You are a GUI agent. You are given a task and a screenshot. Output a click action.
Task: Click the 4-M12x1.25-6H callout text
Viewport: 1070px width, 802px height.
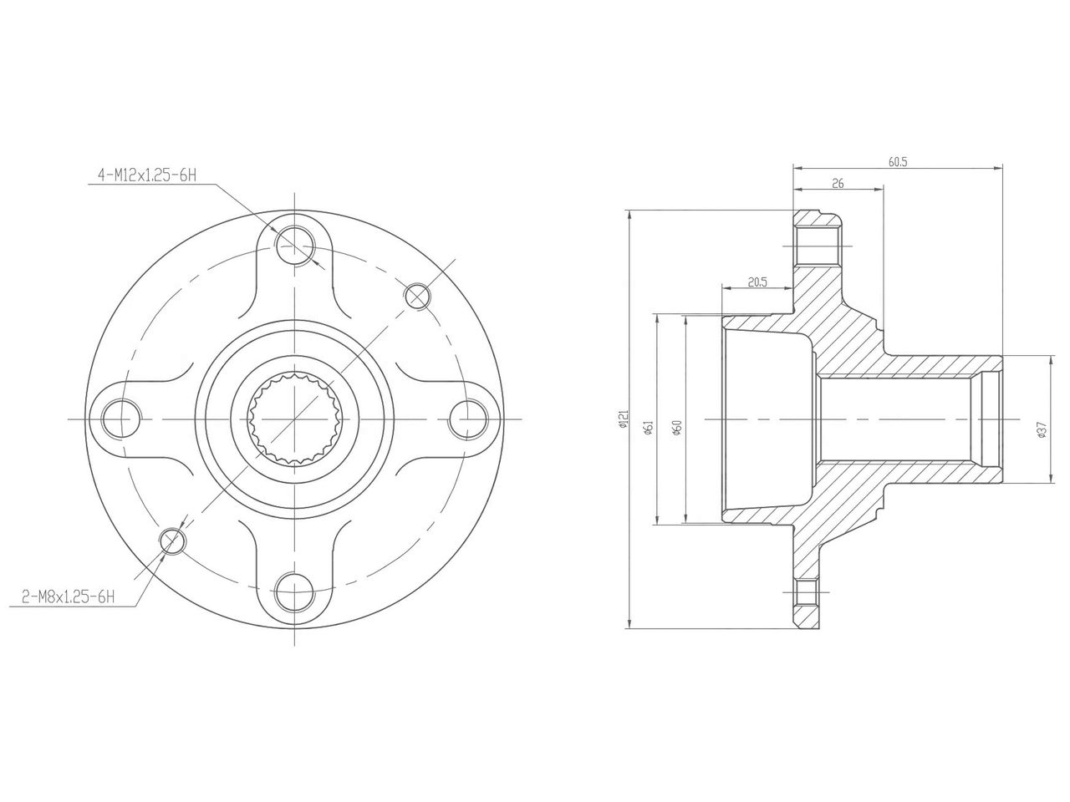point(146,175)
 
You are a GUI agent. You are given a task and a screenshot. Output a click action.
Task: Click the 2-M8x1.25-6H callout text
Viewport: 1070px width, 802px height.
point(68,596)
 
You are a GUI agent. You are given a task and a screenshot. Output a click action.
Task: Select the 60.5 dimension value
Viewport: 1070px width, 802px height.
point(898,162)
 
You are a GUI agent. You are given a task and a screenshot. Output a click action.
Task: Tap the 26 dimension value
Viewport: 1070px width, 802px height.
point(838,184)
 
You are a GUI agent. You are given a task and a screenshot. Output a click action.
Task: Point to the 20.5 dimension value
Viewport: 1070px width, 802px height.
point(757,282)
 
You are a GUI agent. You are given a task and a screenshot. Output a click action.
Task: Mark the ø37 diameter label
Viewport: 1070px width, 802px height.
point(1041,429)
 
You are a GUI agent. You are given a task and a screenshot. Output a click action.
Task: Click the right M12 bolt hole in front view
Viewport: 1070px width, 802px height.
point(468,418)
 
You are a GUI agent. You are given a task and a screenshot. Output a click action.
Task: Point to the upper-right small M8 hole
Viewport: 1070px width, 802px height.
point(418,295)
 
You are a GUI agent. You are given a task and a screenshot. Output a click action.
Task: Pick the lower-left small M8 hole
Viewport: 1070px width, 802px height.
point(173,541)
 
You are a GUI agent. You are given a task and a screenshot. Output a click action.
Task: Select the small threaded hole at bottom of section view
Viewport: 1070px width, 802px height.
point(808,594)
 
